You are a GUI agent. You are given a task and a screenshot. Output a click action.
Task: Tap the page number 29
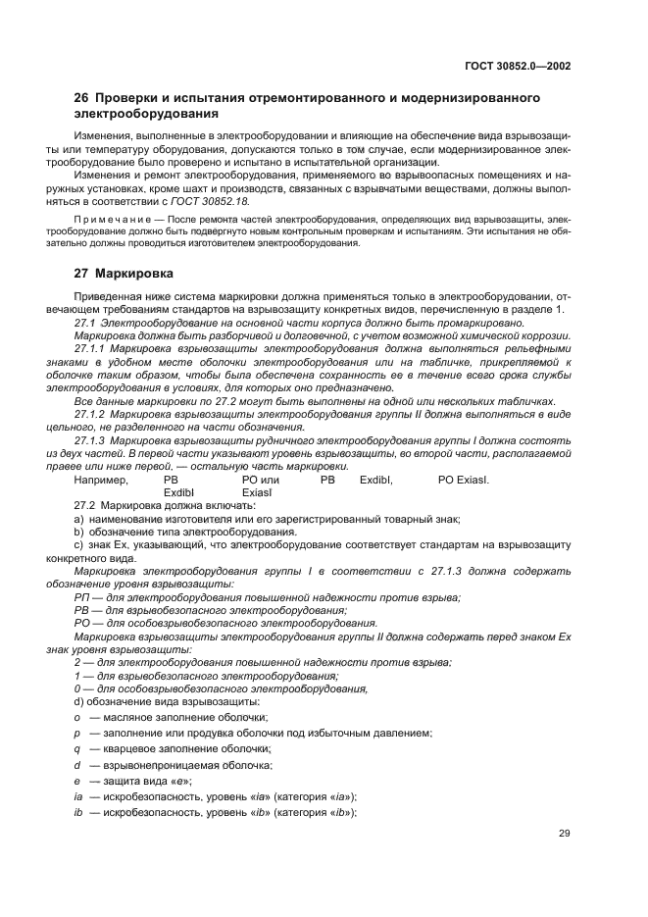click(565, 834)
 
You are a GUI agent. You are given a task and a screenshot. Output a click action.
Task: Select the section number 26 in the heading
click(82, 99)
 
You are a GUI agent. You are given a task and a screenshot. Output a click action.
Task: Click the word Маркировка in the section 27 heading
click(135, 275)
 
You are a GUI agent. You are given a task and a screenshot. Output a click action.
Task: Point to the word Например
click(101, 480)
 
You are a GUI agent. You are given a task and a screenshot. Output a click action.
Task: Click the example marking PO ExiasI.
click(463, 480)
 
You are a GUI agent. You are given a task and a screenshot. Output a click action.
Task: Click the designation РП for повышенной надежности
click(81, 597)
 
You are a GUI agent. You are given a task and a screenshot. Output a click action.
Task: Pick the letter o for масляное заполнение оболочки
click(76, 718)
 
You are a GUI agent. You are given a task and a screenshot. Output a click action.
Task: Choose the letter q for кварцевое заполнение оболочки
click(76, 749)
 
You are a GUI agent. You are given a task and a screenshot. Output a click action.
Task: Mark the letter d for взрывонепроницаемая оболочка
click(76, 765)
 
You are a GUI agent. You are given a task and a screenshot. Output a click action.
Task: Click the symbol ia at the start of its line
click(78, 796)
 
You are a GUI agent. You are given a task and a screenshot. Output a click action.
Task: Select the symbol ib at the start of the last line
click(78, 812)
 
